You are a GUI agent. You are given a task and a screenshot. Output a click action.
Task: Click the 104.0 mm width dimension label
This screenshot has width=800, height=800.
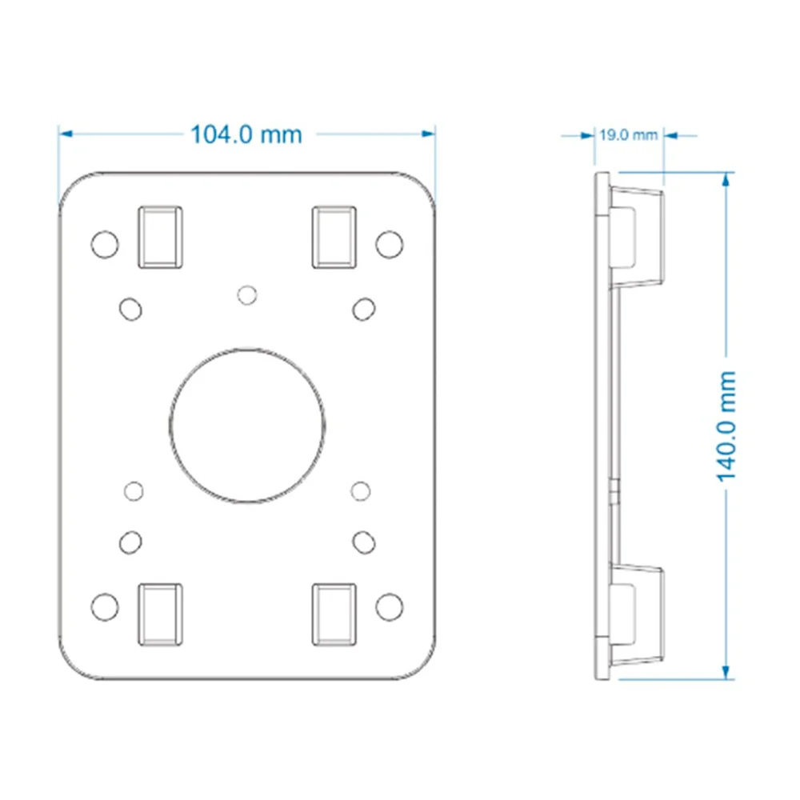click(x=246, y=134)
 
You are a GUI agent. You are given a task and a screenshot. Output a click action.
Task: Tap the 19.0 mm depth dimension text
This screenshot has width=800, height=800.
click(x=628, y=135)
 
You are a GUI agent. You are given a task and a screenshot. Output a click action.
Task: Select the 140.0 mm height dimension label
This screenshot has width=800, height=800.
click(x=726, y=426)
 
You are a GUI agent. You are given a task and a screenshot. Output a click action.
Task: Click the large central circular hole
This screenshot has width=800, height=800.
click(x=247, y=426)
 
